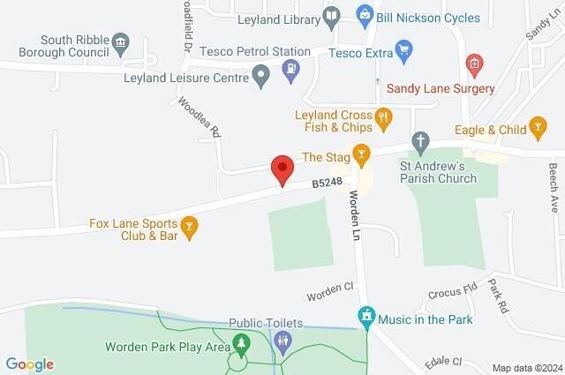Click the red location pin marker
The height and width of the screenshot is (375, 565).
(282, 169)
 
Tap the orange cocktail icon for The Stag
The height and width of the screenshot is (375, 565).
(360, 156)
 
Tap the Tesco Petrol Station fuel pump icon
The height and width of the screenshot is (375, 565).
(292, 68)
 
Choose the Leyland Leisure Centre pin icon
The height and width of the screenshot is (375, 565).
(260, 77)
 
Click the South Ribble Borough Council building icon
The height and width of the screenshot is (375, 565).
(121, 41)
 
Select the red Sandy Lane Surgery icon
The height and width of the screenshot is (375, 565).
(475, 64)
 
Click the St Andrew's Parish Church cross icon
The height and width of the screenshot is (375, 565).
(422, 140)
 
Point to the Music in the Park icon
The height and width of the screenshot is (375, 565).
(365, 316)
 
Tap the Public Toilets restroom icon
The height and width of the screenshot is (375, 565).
(282, 342)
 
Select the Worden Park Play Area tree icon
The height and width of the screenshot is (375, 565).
(239, 342)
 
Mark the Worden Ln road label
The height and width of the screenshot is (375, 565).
(358, 208)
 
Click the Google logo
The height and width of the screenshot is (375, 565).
(29, 364)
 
